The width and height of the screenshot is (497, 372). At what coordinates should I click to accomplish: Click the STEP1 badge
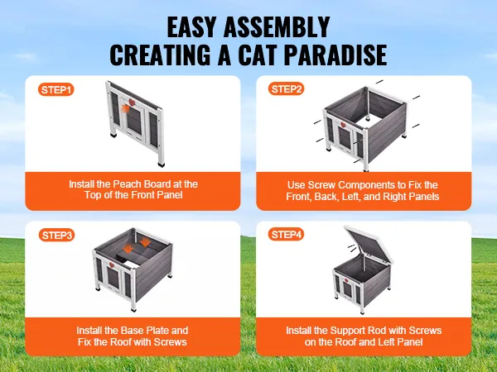click(x=56, y=90)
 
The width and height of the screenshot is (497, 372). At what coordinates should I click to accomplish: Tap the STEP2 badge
click(x=287, y=89)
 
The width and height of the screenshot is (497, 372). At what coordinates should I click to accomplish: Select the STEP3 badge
click(x=56, y=236)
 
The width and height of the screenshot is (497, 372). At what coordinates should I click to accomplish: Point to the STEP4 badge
click(x=287, y=235)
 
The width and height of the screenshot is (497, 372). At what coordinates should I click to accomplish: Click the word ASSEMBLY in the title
click(x=277, y=27)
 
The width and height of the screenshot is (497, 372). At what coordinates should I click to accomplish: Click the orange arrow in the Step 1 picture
click(x=126, y=108)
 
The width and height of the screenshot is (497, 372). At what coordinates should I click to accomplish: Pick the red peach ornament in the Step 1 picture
click(x=132, y=103)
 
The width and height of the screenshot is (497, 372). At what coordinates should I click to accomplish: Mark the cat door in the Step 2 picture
click(x=345, y=136)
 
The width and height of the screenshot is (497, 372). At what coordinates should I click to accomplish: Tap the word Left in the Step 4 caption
click(x=385, y=342)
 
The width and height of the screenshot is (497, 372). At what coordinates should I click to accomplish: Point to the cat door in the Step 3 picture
click(x=113, y=278)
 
